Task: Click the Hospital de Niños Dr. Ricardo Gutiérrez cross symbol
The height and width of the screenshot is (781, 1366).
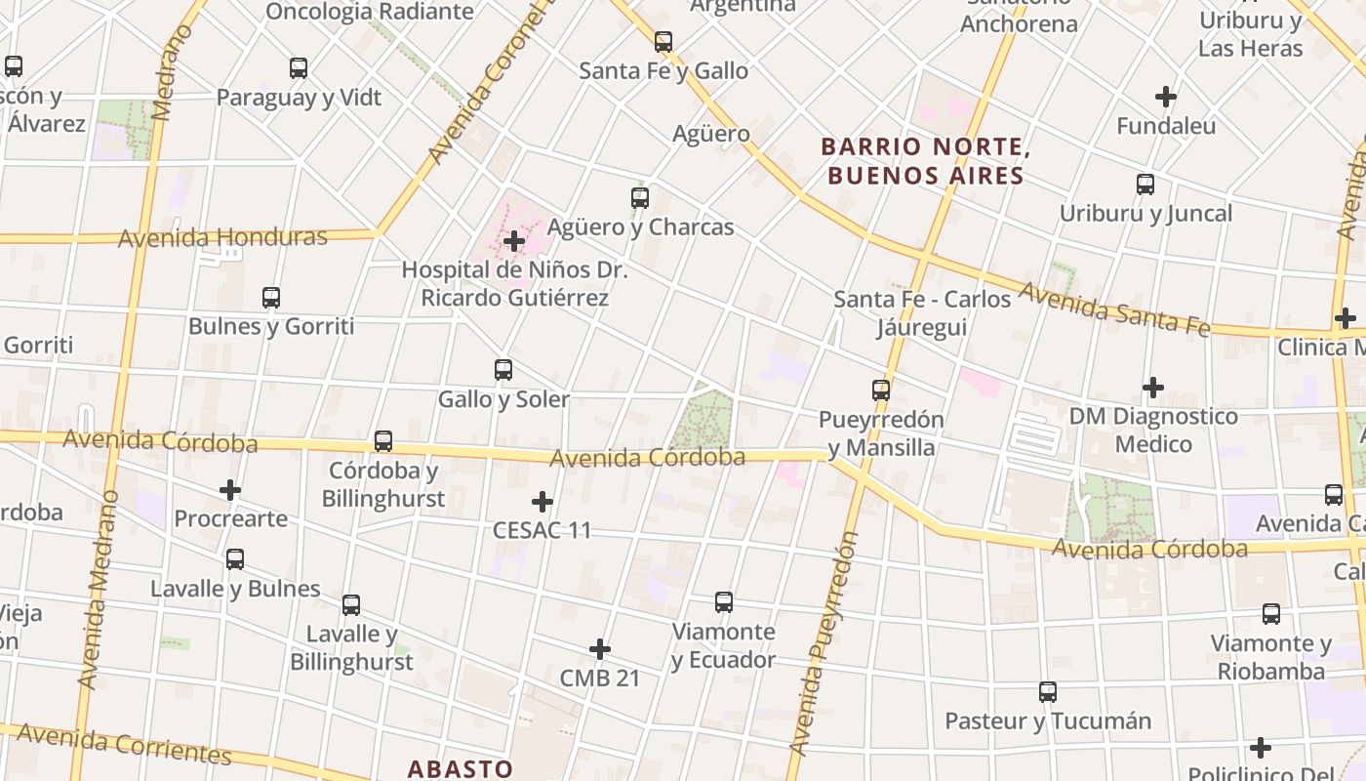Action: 514,241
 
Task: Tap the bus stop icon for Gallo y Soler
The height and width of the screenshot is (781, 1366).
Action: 503,370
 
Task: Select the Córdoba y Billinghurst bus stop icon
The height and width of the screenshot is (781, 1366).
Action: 383,441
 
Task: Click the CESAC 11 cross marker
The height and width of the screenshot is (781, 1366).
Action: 542,502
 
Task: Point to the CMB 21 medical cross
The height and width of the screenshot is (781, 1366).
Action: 600,649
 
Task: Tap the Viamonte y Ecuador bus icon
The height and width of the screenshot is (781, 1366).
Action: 724,602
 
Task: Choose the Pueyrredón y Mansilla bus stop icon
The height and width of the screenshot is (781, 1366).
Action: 881,390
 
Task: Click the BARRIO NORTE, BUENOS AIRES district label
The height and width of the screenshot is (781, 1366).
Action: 925,161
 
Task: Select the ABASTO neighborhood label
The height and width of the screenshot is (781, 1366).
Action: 460,768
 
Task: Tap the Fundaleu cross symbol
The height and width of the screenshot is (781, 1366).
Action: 1166,97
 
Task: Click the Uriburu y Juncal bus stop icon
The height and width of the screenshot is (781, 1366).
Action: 1145,185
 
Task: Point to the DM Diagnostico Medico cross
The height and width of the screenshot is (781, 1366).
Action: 1153,388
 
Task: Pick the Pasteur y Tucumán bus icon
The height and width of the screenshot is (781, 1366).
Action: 1048,692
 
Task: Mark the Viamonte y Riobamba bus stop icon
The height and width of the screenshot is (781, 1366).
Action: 1271,614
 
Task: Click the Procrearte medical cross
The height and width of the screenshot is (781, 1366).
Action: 230,489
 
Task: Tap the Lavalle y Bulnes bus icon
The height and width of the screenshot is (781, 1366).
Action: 235,559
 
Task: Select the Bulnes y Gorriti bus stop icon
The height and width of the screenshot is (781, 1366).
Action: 271,298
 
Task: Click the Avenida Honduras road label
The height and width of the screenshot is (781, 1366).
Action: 222,237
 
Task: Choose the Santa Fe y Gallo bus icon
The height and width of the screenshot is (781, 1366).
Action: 663,42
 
